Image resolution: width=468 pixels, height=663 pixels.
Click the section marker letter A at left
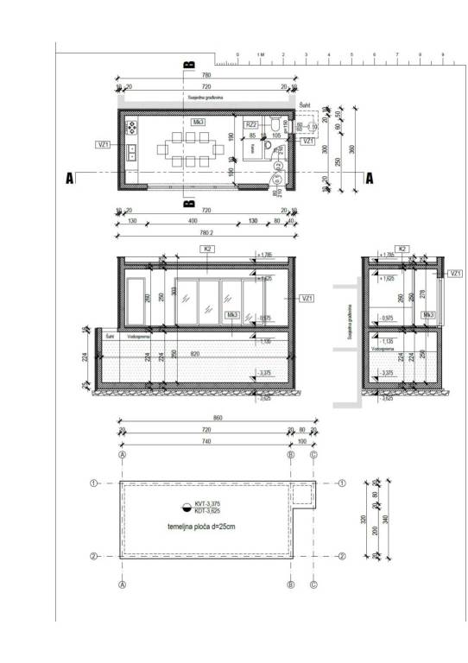pyautogui.click(x=68, y=179)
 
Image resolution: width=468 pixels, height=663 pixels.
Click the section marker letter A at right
pyautogui.click(x=370, y=179)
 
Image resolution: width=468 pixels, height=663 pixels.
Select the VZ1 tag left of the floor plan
pyautogui.click(x=103, y=144)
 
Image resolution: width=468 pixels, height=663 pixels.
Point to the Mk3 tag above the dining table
pyautogui.click(x=199, y=123)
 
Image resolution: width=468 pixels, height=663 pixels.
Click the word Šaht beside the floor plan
pyautogui.click(x=304, y=104)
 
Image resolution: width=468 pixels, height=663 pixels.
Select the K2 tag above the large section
pyautogui.click(x=207, y=249)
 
